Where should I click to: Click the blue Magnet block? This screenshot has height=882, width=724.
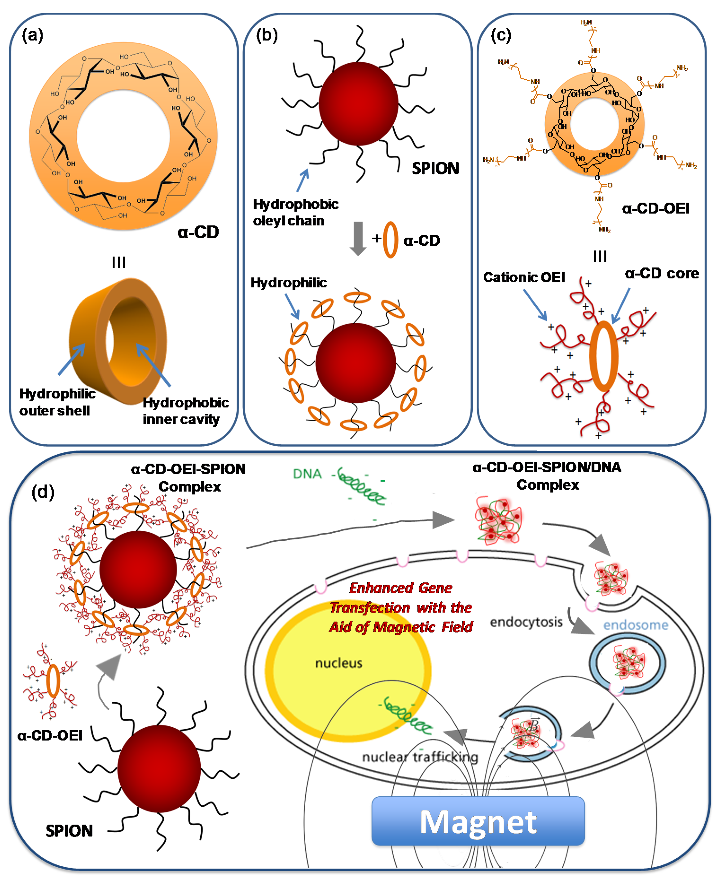[x=478, y=821]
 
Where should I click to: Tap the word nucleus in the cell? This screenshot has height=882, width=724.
[x=338, y=663]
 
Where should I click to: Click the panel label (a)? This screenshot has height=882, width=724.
[x=33, y=35]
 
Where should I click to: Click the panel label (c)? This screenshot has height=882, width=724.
[x=500, y=35]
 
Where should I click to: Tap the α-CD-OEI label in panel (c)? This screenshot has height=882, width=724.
[x=655, y=209]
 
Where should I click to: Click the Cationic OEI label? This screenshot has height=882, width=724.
[x=524, y=277]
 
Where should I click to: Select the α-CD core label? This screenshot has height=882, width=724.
[x=662, y=274]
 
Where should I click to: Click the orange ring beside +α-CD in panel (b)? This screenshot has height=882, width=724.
[x=390, y=240]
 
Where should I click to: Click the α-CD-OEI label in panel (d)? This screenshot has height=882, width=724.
[x=50, y=735]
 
